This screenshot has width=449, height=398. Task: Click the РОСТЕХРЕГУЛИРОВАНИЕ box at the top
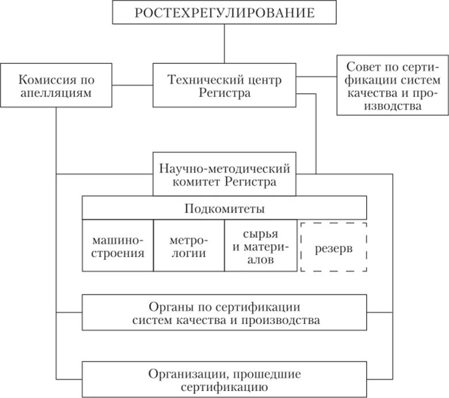pos(224,13)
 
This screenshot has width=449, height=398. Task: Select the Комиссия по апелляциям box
pos(56,85)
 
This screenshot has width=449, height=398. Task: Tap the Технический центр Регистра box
pos(224,85)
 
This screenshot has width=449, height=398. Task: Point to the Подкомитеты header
pos(224,208)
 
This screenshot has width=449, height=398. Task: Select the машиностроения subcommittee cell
pos(117,246)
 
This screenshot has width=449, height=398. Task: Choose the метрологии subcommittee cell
pos(189,246)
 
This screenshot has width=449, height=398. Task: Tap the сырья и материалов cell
pos(261,246)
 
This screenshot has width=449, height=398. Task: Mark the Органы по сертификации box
pos(224,313)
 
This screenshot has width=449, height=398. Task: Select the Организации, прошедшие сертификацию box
pos(224,379)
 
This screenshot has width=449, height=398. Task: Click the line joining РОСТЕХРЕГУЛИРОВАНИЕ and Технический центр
pos(224,44)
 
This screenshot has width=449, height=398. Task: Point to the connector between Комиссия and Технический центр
pos(132,85)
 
